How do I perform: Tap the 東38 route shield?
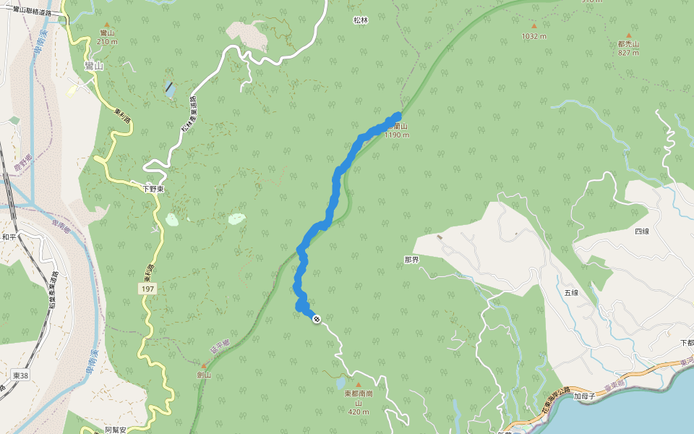point(20,375)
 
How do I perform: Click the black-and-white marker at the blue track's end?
point(316,319)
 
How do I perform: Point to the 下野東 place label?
point(153,189)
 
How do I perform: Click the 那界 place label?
point(411,259)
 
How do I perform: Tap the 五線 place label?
point(571,292)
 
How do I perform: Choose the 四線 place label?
point(642,231)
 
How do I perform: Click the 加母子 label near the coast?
point(584,396)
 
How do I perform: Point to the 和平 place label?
point(9,237)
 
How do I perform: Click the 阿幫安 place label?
point(116,430)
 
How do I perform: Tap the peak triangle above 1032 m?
point(534,25)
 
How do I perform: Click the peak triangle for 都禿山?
point(628,35)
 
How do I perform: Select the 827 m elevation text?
point(628,53)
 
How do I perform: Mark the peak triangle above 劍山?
point(204,366)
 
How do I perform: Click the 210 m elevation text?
point(106,42)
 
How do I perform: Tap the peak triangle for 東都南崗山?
point(357,385)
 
